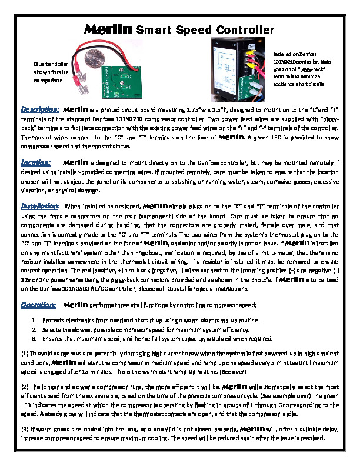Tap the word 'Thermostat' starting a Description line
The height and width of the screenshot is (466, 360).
(x=36, y=138)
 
